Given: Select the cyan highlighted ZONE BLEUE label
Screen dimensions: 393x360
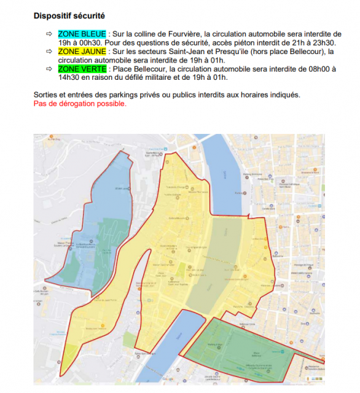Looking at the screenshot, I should [x=82, y=33].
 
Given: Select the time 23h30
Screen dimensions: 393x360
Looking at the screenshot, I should [x=323, y=42].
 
